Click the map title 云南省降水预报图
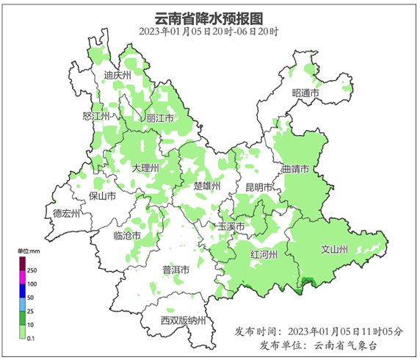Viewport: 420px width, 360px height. [x=209, y=18]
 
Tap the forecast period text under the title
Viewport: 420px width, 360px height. [x=209, y=32]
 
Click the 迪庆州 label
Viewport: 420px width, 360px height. [x=117, y=75]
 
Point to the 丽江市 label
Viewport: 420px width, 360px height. [x=160, y=118]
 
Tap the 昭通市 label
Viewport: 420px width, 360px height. [x=305, y=93]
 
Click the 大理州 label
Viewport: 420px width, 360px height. [x=145, y=168]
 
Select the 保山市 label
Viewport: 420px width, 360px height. [x=102, y=196]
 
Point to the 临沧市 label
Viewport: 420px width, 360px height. [x=128, y=236]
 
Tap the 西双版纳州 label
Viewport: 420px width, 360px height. [x=184, y=320]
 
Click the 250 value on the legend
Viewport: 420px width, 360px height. [x=32, y=270]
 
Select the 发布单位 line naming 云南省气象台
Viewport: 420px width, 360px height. [x=319, y=345]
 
